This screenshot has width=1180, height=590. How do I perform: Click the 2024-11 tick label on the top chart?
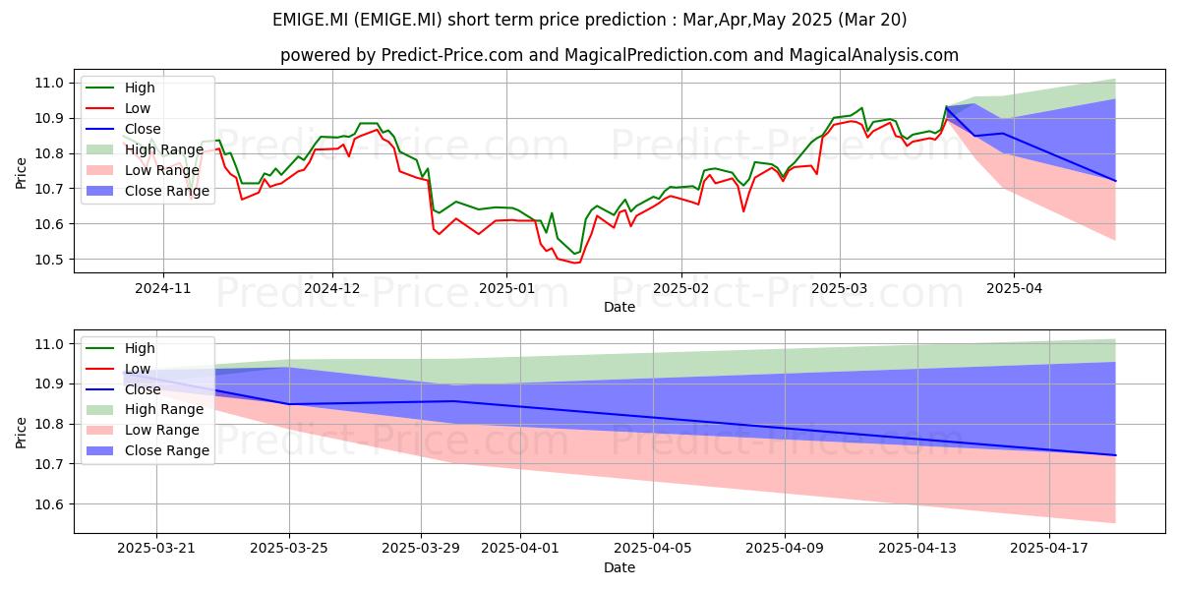click(163, 288)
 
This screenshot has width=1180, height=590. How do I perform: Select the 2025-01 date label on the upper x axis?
click(506, 288)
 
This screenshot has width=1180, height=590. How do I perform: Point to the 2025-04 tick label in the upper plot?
click(1014, 288)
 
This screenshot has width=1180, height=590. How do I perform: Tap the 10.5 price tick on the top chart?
click(49, 260)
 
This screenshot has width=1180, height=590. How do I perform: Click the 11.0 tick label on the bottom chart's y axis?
click(49, 344)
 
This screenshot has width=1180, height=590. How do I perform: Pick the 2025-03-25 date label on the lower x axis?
click(289, 549)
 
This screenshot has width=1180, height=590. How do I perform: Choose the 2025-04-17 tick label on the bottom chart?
click(1049, 549)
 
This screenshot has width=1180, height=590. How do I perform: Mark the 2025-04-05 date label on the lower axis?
click(653, 549)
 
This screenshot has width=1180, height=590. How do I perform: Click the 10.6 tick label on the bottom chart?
click(49, 504)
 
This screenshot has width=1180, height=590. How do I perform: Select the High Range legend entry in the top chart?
click(145, 149)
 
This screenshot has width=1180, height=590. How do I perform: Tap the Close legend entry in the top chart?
click(123, 129)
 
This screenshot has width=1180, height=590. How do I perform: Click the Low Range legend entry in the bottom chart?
click(143, 430)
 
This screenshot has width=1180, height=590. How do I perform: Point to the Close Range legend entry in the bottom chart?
click(147, 450)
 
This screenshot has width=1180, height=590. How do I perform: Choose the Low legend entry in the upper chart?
click(118, 108)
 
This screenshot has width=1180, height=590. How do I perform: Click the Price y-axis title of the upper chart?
click(21, 173)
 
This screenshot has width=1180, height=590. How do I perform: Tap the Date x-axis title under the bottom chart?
click(619, 567)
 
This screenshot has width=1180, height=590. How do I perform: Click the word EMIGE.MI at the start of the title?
click(311, 20)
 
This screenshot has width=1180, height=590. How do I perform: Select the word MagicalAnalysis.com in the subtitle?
click(873, 55)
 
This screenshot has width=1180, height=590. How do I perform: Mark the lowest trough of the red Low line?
click(578, 263)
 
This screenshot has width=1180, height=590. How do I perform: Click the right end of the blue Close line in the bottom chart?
click(1115, 455)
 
